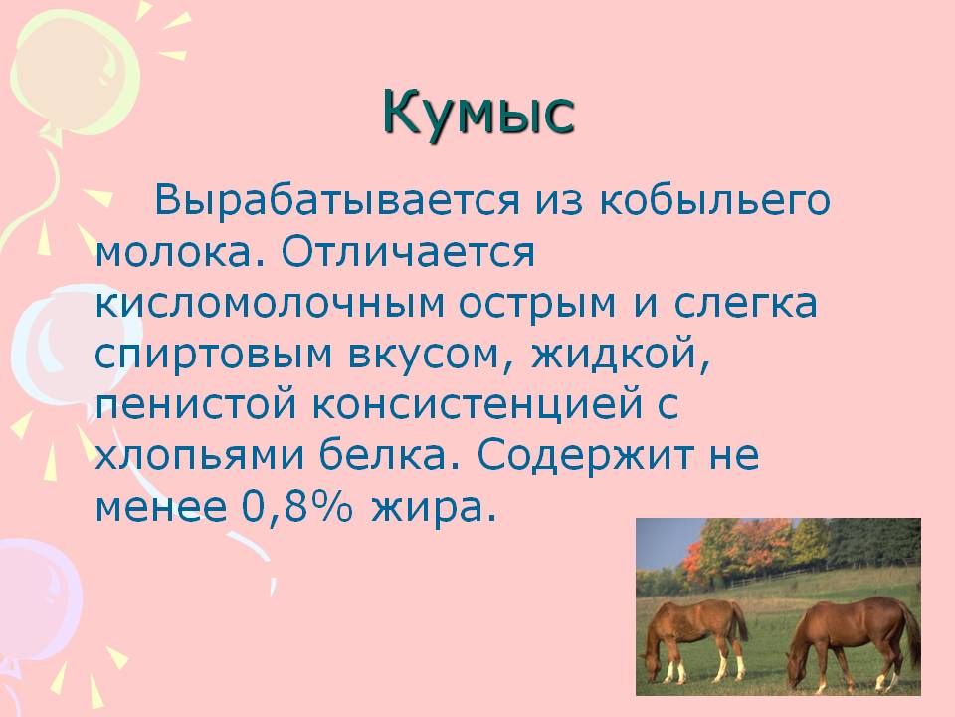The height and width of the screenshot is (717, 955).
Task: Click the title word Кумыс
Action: point(478,113)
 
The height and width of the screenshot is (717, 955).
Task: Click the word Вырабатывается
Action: point(337,199)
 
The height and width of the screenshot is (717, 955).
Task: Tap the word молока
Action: point(174,253)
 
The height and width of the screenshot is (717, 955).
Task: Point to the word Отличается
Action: point(408,251)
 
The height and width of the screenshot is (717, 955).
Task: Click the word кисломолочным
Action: point(270,303)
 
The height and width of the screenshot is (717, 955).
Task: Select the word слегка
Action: point(745,303)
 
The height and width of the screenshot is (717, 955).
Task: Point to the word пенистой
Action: point(196,404)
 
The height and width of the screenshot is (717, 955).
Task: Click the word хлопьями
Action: point(199,455)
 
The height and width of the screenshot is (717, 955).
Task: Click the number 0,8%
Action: point(297,507)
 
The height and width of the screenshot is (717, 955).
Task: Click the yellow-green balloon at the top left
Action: point(73,73)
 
